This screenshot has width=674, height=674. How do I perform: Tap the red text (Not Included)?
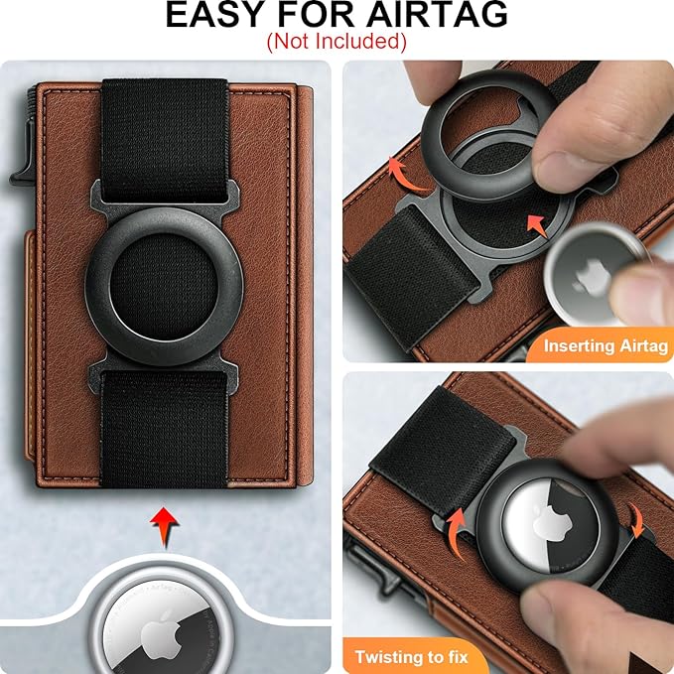coord(337,42)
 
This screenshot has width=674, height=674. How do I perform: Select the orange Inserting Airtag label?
coord(604,346)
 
